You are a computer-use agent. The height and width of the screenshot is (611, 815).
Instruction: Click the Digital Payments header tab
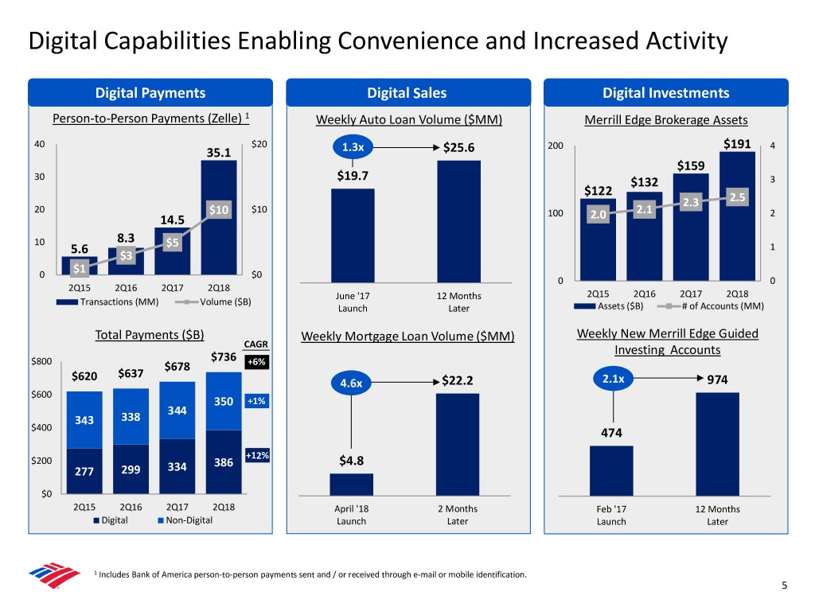click(x=150, y=93)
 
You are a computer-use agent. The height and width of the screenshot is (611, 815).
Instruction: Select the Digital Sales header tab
click(x=407, y=93)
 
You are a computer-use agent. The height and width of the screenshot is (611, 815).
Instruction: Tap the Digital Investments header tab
click(x=665, y=93)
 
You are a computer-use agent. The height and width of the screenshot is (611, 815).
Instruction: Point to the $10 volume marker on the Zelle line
click(x=219, y=209)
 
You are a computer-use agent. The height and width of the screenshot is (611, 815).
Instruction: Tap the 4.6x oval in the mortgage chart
click(x=351, y=383)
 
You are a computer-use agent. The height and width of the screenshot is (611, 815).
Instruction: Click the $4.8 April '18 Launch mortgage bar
click(x=351, y=484)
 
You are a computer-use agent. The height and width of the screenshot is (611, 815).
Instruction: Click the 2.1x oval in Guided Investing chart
click(x=613, y=379)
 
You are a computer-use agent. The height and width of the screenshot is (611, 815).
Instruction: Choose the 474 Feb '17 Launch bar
click(x=611, y=469)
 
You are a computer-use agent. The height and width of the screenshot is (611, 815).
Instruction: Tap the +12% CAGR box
click(x=256, y=456)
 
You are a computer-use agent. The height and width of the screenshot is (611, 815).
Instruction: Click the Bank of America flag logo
click(x=54, y=577)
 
